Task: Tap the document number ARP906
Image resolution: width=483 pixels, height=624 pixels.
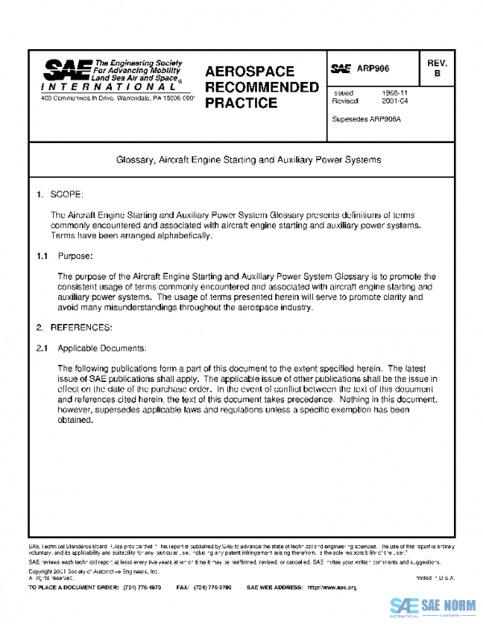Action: tap(373, 70)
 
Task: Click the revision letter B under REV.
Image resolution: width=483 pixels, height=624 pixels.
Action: tap(437, 74)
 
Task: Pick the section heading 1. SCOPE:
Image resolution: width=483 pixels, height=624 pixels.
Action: tap(60, 195)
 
